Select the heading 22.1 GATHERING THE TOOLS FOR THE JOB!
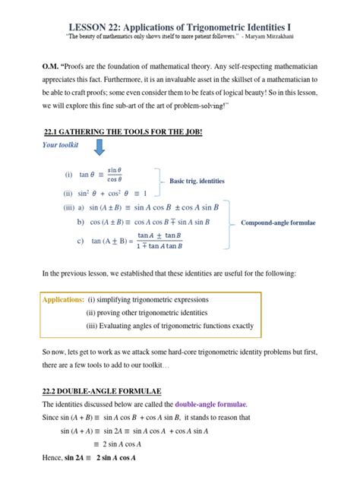pos(111,131)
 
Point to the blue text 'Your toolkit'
pos(61,144)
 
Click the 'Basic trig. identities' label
pos(196,182)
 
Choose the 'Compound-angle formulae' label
pos(278,223)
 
